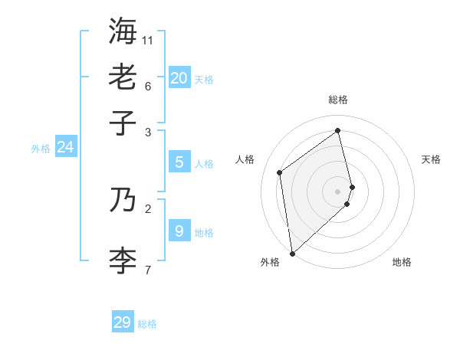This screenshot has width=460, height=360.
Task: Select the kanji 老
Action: [x=123, y=77]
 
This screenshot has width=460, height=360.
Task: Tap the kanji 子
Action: [x=123, y=123]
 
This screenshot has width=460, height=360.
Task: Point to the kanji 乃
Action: [x=123, y=200]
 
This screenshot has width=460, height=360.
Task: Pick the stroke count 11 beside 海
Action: [x=148, y=39]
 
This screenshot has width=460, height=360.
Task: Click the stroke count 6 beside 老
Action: [x=148, y=86]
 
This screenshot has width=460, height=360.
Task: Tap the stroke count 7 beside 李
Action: [x=148, y=270]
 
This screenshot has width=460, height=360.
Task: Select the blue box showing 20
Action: [x=179, y=77]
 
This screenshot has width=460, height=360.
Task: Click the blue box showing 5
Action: [x=179, y=162]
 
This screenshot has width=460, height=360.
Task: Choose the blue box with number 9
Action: [x=179, y=231]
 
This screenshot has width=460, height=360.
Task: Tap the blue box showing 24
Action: [x=65, y=147]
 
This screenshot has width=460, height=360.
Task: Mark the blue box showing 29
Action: [x=123, y=322]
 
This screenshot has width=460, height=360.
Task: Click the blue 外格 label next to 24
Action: [x=41, y=149]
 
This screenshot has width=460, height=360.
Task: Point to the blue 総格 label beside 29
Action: [x=147, y=325]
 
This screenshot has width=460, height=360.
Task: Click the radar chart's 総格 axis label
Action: [x=338, y=100]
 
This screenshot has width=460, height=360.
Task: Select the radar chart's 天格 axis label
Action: [x=432, y=159]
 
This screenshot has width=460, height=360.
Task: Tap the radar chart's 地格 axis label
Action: [x=402, y=262]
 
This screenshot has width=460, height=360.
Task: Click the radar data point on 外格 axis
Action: [x=292, y=253]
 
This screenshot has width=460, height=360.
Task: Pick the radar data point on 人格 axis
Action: [x=280, y=172]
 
